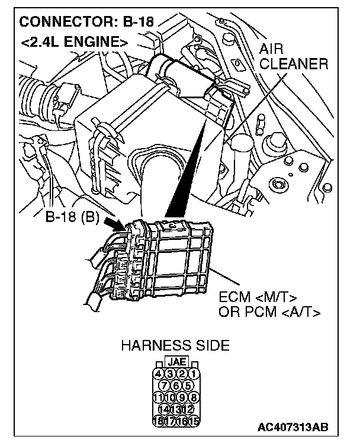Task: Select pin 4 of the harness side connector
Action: pos(158,373)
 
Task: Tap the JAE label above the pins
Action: pos(175,362)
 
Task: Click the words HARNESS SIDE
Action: pos(175,346)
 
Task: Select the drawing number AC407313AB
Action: pos(293,427)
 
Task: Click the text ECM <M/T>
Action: pos(258,297)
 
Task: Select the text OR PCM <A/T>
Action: pos(269,312)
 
